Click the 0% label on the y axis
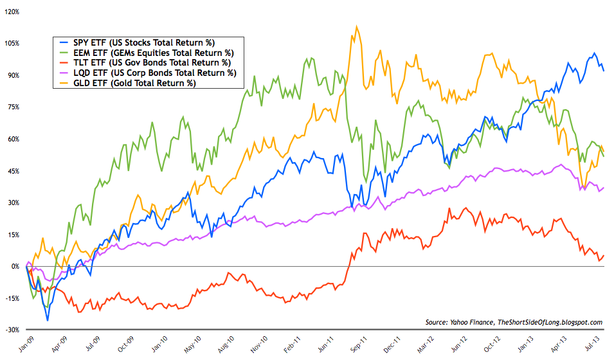[x=15, y=266]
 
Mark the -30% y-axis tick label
[x=11, y=330]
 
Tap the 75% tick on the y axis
[x=13, y=107]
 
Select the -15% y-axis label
[x=11, y=298]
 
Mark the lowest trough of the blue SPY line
[x=47, y=319]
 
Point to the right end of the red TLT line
[x=603, y=255]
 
